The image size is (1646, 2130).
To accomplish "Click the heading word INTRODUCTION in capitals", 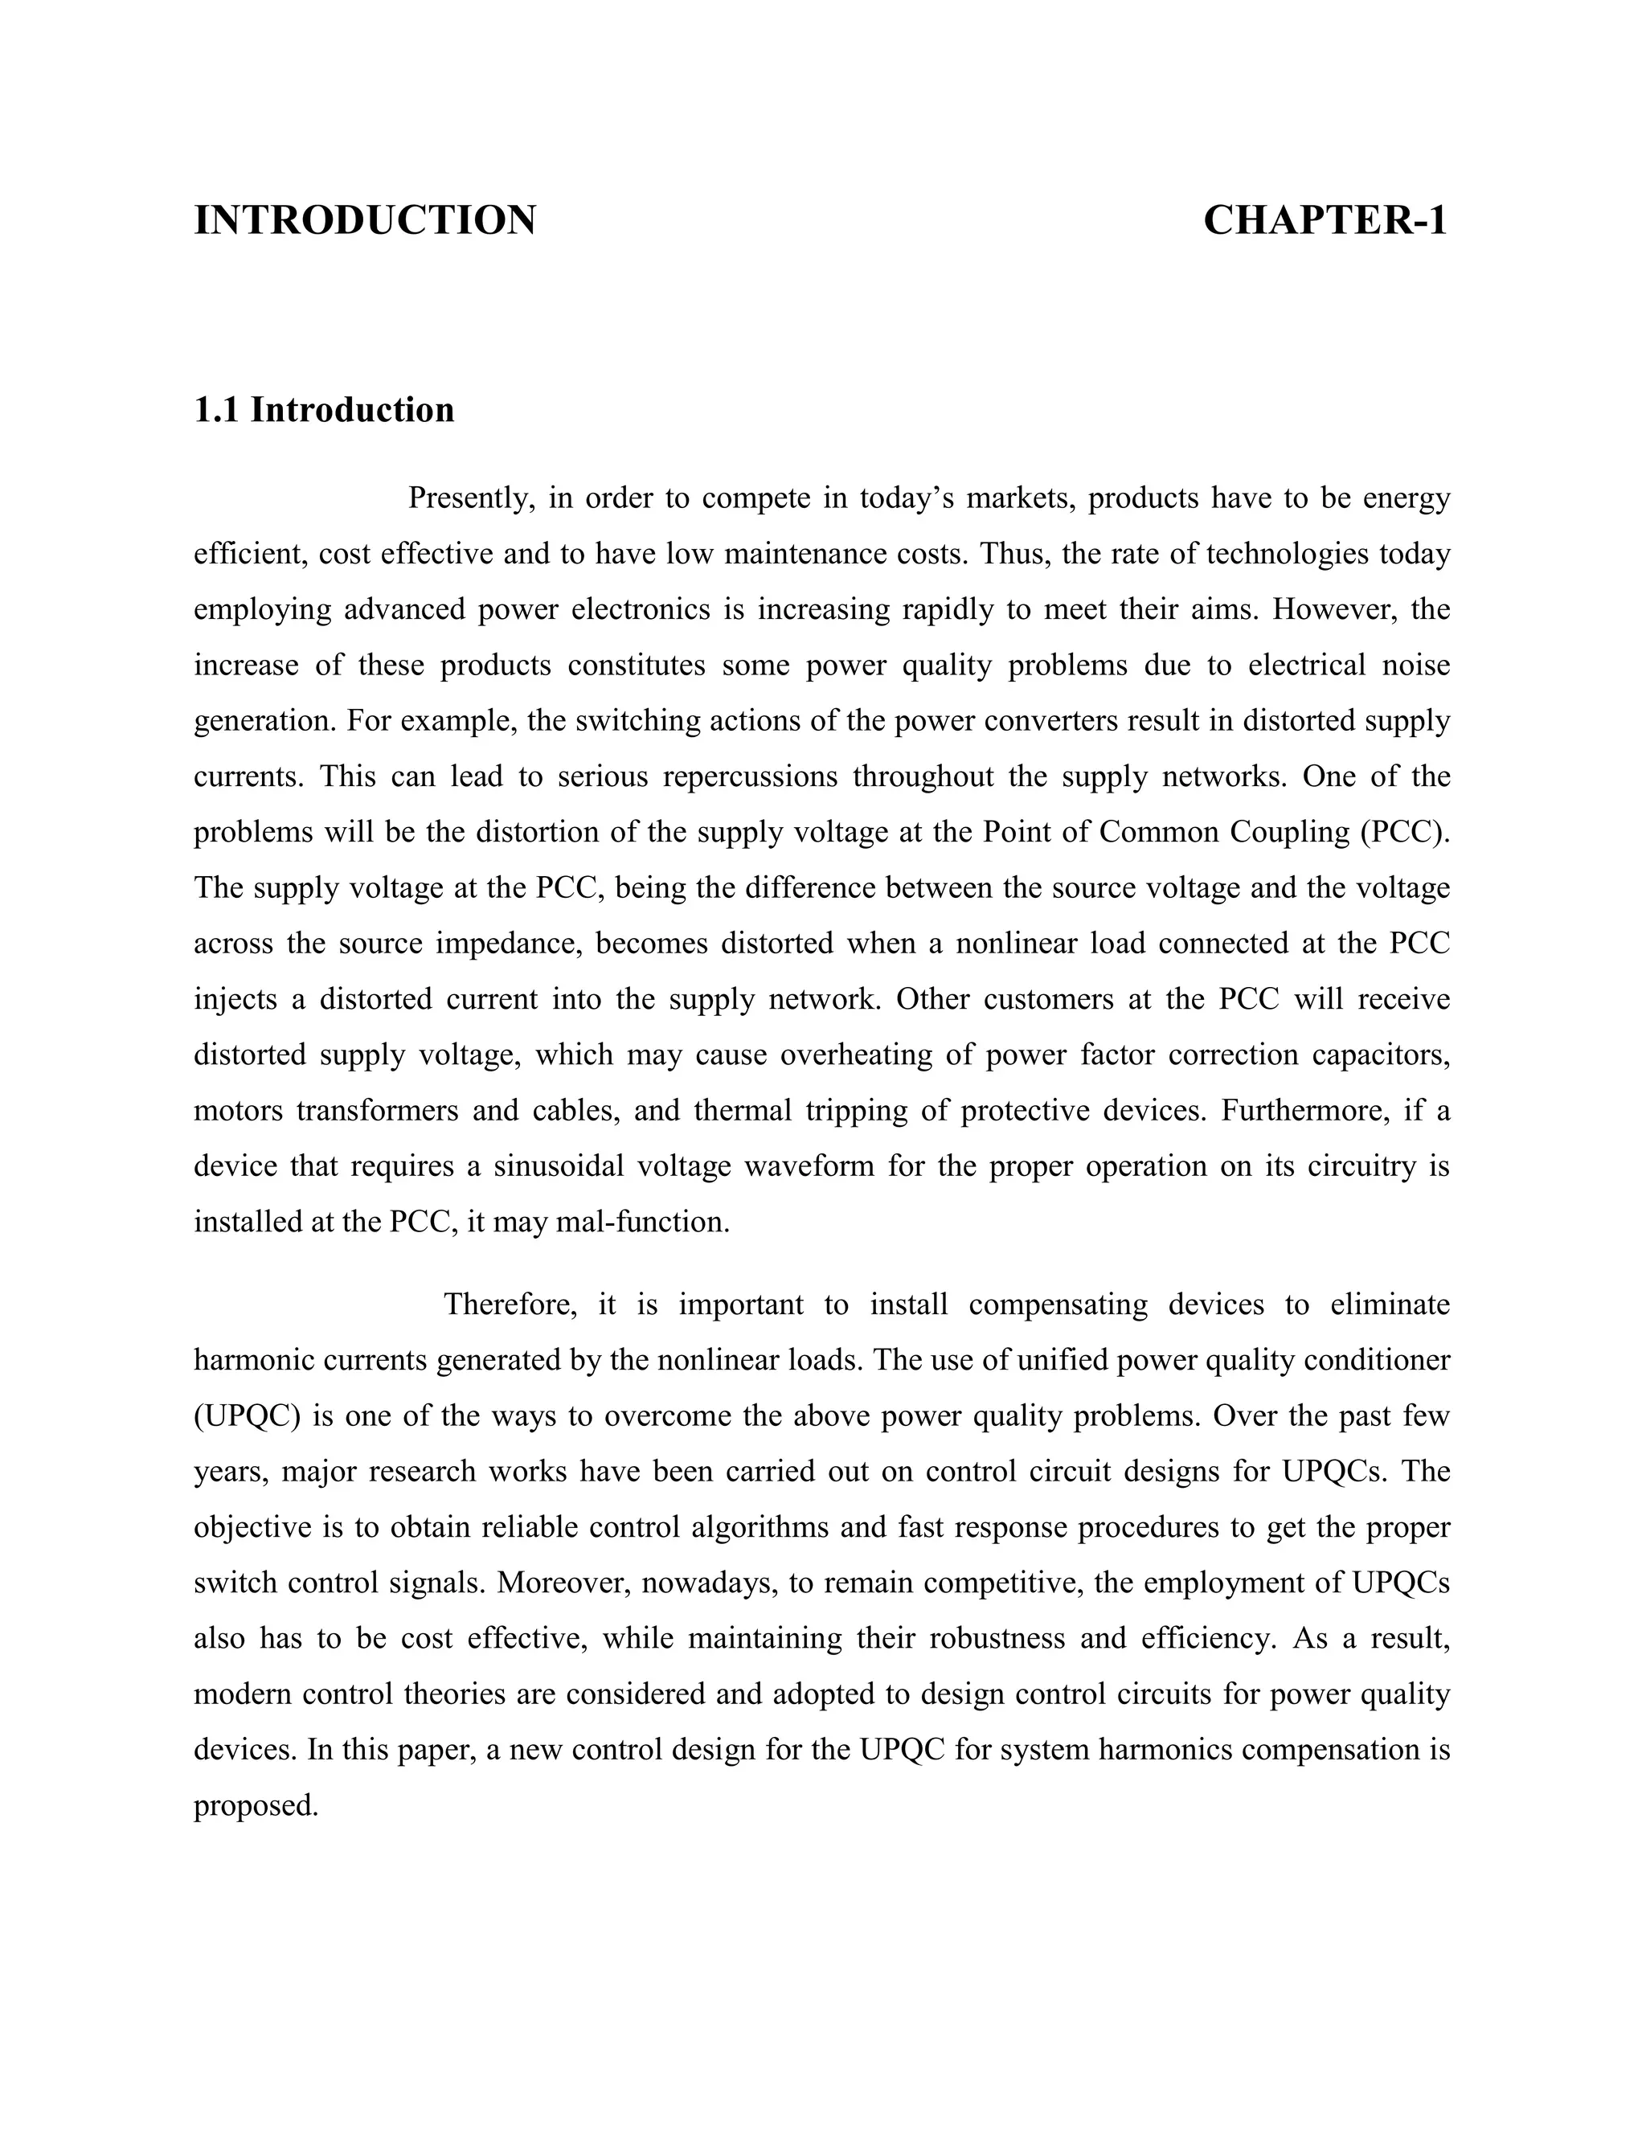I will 365,220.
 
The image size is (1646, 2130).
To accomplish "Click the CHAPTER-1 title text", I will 1325,220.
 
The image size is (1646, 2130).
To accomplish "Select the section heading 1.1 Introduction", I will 324,410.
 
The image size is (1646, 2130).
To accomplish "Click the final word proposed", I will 256,1806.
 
